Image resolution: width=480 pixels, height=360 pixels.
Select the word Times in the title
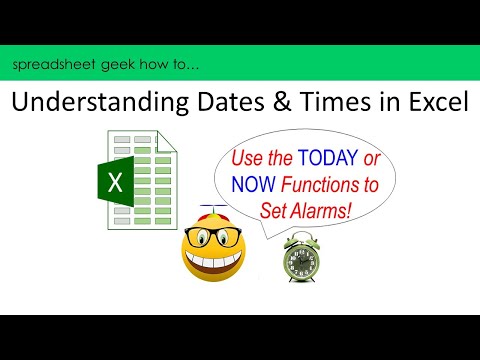coord(318,105)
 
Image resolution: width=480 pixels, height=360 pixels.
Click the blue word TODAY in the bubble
coord(338,159)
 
